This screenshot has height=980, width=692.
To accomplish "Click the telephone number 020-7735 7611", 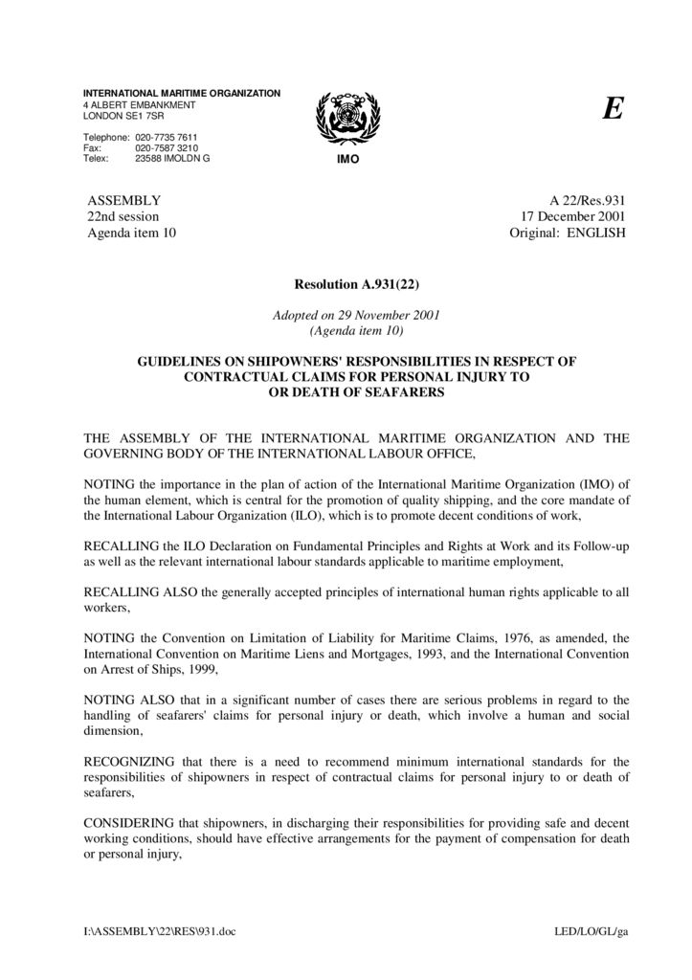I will click(x=167, y=137).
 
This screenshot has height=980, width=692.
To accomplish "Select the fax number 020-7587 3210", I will click(x=167, y=148).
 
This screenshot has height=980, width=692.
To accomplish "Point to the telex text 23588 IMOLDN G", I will click(x=172, y=159).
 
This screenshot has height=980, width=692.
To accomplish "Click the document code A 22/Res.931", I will click(x=587, y=201).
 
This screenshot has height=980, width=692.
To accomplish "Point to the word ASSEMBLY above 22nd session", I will click(x=124, y=201).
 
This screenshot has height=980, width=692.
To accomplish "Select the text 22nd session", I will click(x=123, y=216).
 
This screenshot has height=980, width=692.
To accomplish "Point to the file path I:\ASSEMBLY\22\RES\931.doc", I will click(x=159, y=931).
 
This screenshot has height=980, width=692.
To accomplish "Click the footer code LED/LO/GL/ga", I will click(x=591, y=931).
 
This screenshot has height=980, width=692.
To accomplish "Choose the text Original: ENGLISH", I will click(x=568, y=233).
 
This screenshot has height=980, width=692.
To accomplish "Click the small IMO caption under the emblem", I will click(x=346, y=159).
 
